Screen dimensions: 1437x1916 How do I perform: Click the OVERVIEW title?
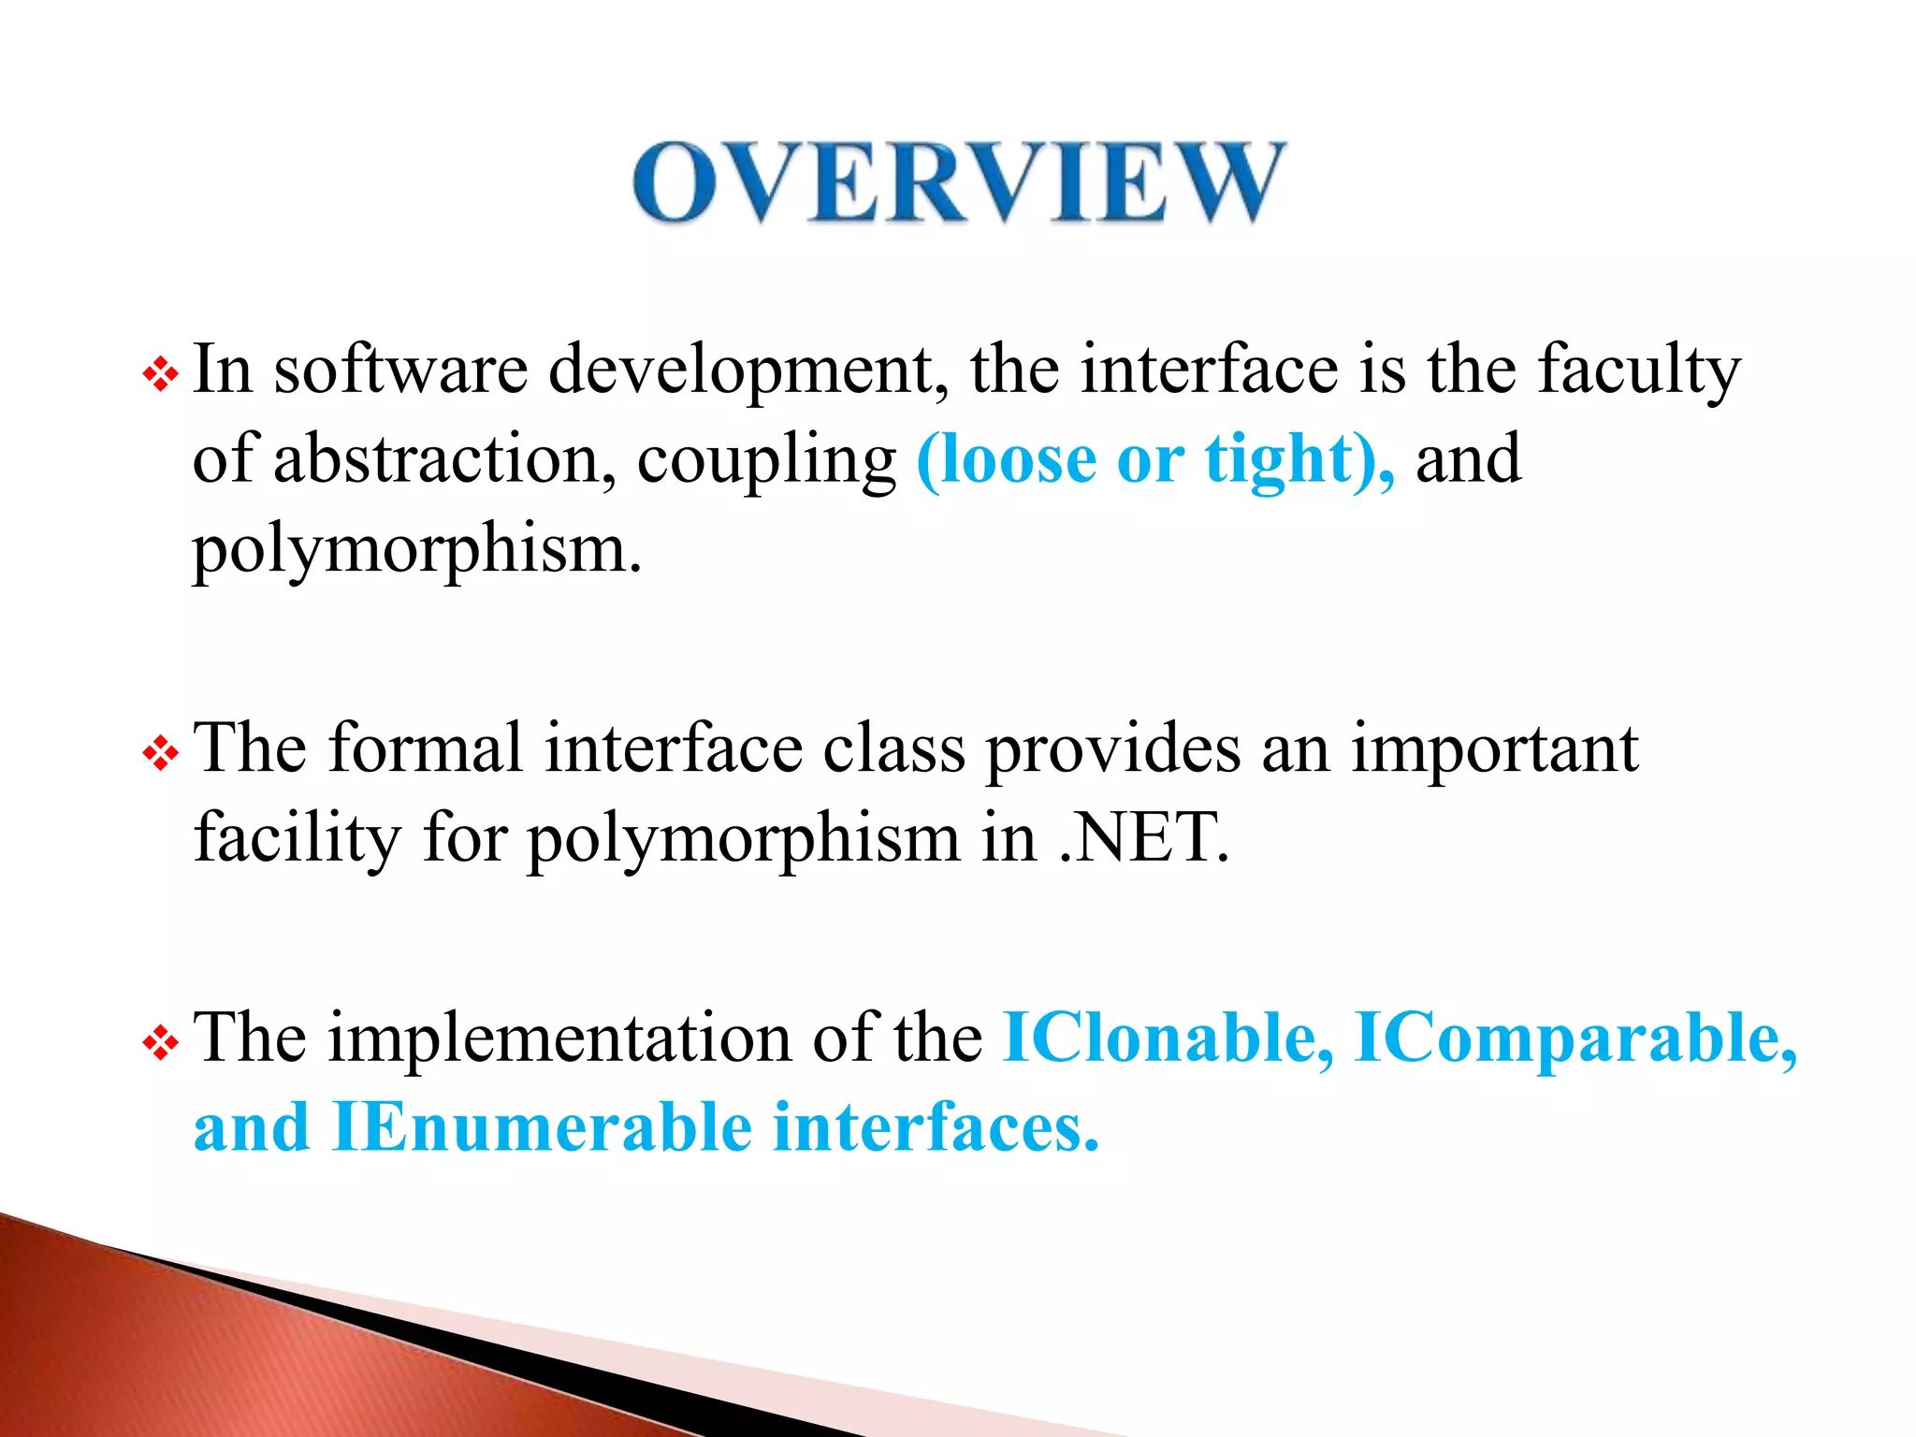pos(958,182)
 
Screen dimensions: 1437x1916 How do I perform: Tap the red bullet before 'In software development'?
pos(160,375)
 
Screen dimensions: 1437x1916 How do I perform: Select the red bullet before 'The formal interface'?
pos(160,753)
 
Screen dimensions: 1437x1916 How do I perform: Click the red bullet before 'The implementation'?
pos(160,1043)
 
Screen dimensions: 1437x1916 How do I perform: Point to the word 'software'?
pos(400,370)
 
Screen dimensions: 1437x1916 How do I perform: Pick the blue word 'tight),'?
pos(1299,460)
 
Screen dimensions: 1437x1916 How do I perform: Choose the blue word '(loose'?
pos(1006,460)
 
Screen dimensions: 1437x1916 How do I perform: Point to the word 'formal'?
pos(426,748)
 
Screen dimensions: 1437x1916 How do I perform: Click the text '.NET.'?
pos(1143,837)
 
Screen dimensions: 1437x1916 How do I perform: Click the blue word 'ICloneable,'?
pos(1168,1038)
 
